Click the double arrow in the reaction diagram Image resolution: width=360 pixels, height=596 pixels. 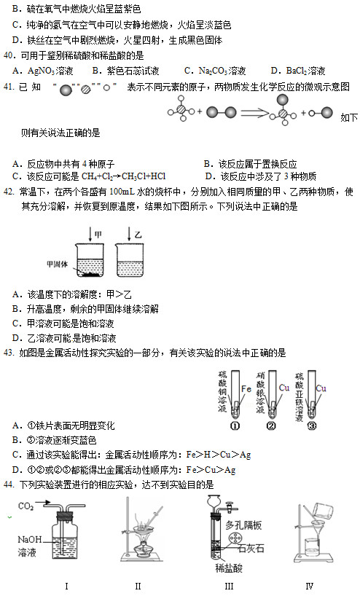pos(250,113)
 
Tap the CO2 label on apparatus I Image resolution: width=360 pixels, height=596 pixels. pos(26,506)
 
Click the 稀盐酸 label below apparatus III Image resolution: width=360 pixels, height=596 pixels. pos(229,565)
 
